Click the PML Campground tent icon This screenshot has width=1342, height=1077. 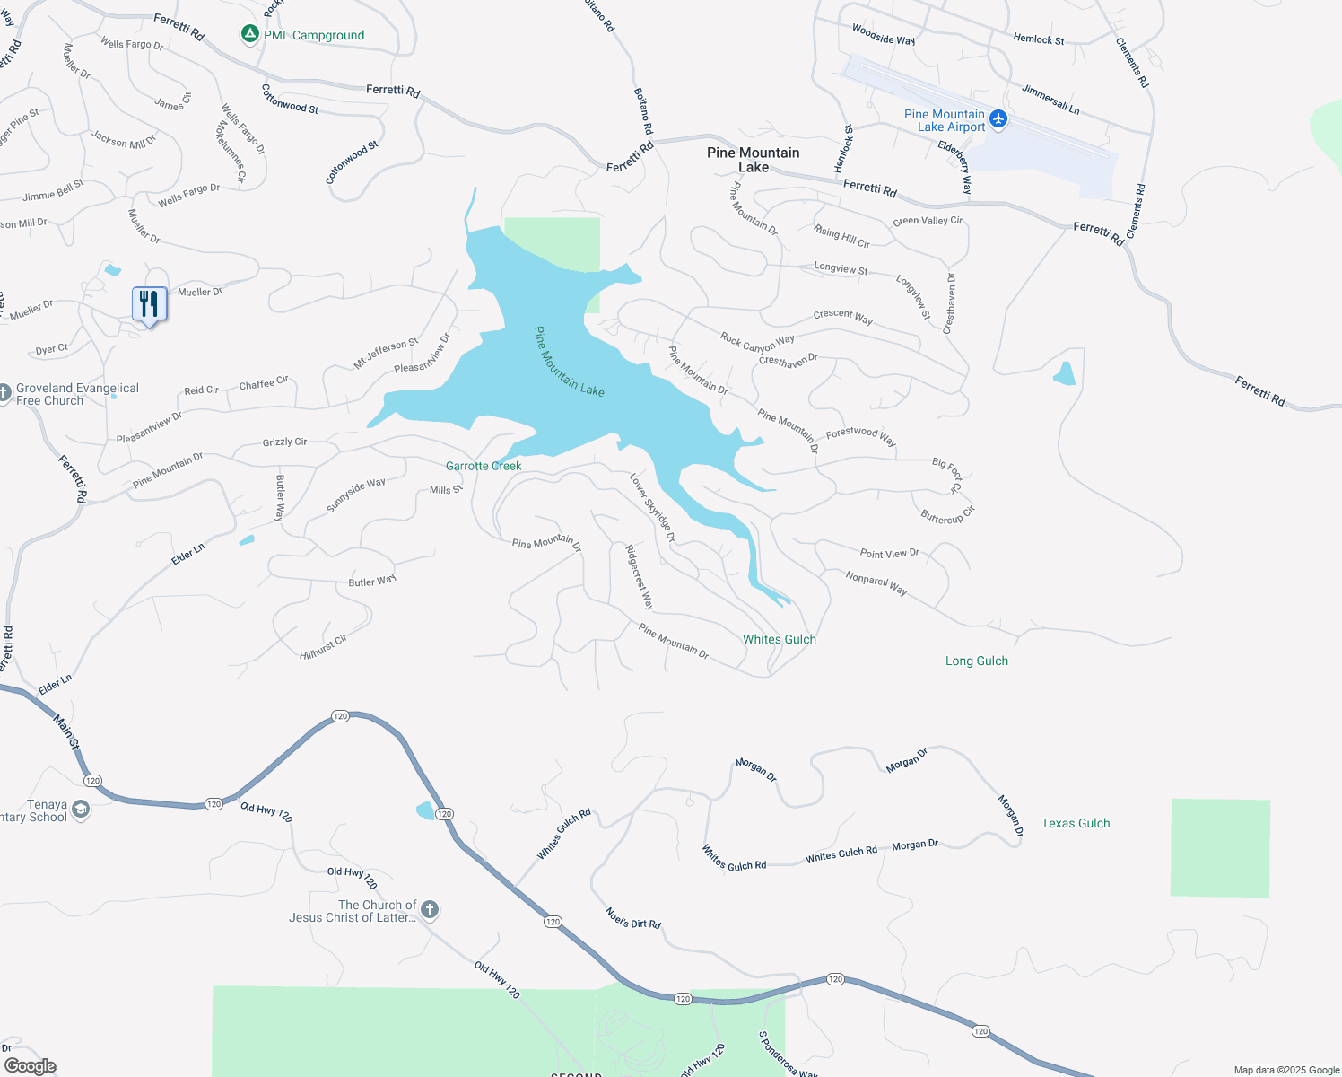point(250,34)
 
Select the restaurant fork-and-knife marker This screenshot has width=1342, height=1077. point(149,304)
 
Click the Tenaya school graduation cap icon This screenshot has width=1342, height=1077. point(81,810)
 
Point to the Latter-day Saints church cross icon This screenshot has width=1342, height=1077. point(430,910)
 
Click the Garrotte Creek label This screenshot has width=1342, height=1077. point(484,466)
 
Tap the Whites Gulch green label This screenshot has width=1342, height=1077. point(780,639)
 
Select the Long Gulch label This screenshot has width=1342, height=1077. point(977,661)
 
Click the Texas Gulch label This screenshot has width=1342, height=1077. point(1076,823)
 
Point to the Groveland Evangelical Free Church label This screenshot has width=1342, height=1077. point(77,394)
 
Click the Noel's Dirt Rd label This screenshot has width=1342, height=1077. point(633,918)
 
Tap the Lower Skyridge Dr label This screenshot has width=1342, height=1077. point(652,508)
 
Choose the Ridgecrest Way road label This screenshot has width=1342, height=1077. point(640,577)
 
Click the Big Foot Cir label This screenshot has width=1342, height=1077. point(946,475)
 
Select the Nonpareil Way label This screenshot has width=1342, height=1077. point(876,583)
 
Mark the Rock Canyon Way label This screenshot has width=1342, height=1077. point(757,342)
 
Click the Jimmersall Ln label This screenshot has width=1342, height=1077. point(1050,99)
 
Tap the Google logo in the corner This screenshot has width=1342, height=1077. point(30,1066)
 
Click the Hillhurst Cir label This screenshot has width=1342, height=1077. point(323,647)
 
